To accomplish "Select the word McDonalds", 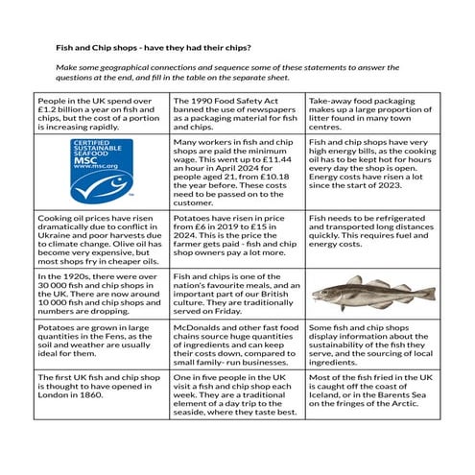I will tap(204, 329).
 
